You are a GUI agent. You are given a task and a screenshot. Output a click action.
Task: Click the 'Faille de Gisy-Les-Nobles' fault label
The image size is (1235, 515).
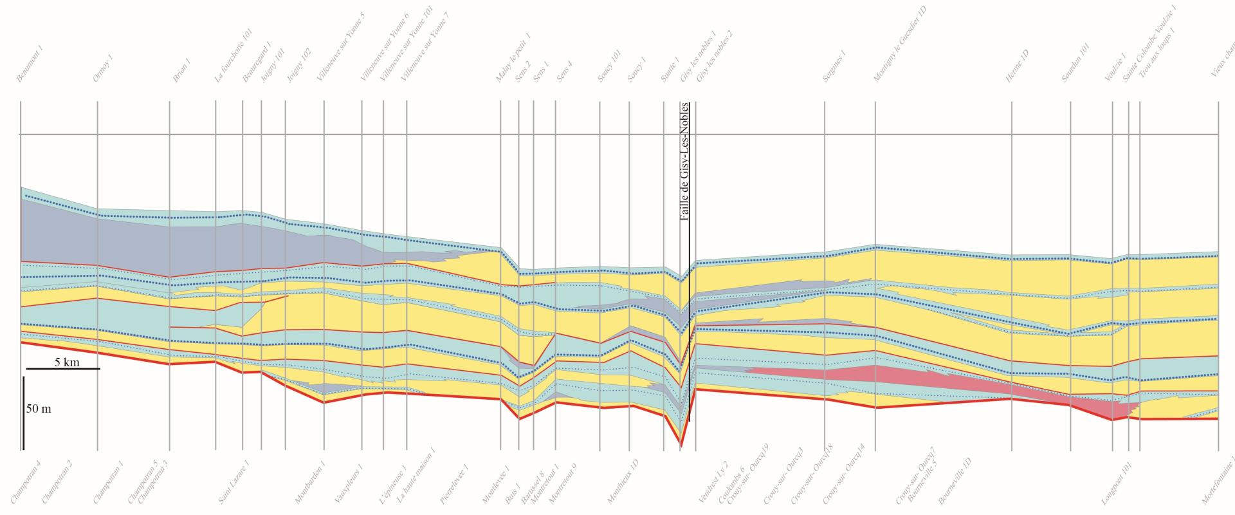[x=684, y=162]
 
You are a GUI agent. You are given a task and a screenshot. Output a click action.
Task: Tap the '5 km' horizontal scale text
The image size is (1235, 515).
[x=67, y=362]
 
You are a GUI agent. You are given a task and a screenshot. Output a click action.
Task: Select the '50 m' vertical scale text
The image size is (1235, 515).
[x=39, y=409]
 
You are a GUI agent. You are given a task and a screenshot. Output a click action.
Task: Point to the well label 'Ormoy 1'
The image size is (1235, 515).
[x=103, y=68]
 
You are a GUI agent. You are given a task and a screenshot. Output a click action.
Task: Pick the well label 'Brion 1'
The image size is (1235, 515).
[x=181, y=70]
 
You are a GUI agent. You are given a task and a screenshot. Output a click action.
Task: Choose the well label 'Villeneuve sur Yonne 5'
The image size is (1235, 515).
[x=340, y=48]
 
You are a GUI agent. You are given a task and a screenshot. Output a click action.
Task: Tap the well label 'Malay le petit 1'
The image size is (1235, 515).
[x=513, y=59]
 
